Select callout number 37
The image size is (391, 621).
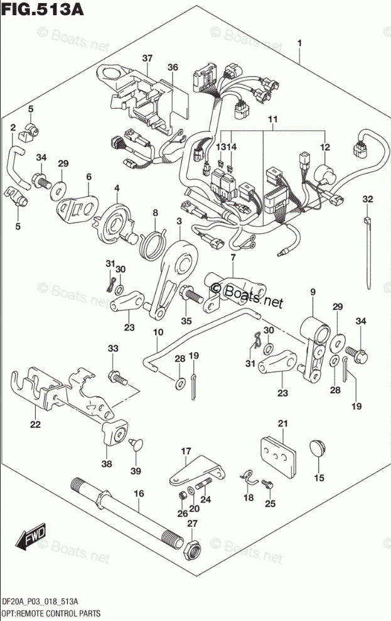click(147, 58)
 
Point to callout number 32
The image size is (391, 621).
click(367, 199)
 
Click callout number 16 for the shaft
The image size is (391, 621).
click(139, 493)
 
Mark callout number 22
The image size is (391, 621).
click(35, 425)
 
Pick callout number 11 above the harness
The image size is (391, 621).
click(272, 119)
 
